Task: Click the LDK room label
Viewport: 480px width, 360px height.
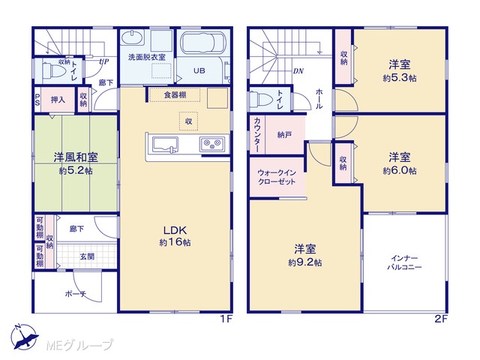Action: coord(175,230)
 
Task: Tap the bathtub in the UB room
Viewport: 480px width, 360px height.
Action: coord(202,43)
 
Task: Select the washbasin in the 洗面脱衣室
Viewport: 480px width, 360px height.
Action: coord(132,38)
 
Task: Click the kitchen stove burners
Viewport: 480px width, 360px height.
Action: coord(212,143)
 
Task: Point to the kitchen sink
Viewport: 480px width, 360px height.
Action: coord(165,145)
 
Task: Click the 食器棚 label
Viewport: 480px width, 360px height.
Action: coord(175,95)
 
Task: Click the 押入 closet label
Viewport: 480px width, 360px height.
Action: coord(58,100)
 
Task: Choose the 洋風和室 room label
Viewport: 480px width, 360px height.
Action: coord(76,157)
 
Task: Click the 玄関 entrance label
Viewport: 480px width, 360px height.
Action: coord(87,256)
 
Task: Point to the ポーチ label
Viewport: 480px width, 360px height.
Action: coord(75,294)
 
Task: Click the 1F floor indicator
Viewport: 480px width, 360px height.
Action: coord(226,319)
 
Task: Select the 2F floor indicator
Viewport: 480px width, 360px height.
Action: coord(441,319)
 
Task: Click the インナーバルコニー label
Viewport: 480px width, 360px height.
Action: coord(404,262)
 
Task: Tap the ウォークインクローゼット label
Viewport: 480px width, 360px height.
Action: coord(277,177)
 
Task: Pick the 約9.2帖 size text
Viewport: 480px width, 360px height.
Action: coord(304,262)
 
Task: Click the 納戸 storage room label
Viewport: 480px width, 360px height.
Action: coord(284,135)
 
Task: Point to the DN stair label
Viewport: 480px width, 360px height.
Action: coord(298,71)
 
